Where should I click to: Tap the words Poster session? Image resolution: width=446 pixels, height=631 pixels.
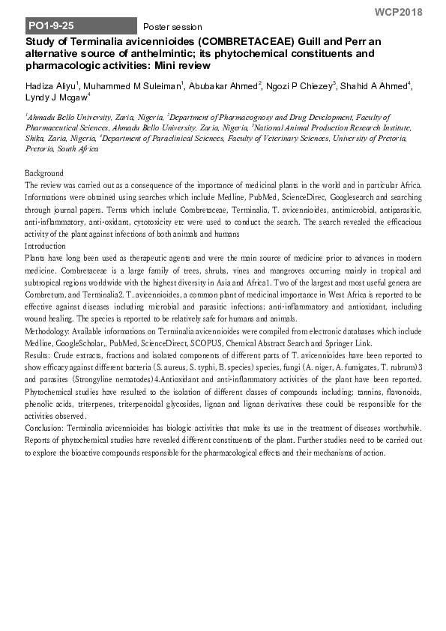[x=172, y=27]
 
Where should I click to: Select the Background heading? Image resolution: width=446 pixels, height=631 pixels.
[x=45, y=173]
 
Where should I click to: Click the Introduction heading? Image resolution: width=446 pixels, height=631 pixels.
[x=46, y=246]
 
